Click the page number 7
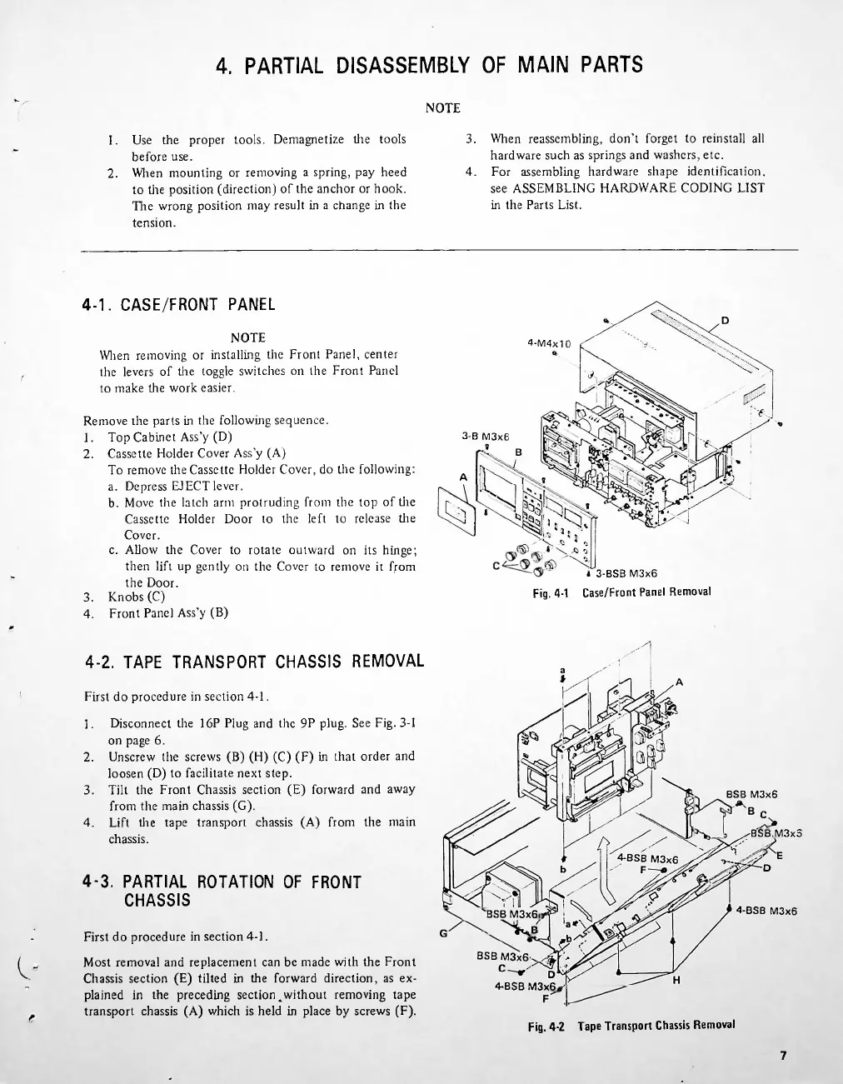(783, 1056)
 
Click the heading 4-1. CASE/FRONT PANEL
(179, 304)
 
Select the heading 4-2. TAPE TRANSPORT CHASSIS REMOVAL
(255, 662)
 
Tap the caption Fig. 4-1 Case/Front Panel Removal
(621, 592)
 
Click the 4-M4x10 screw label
(550, 342)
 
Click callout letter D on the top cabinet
(724, 320)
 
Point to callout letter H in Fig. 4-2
(676, 980)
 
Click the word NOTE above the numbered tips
(442, 108)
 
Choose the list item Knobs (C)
(137, 597)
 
